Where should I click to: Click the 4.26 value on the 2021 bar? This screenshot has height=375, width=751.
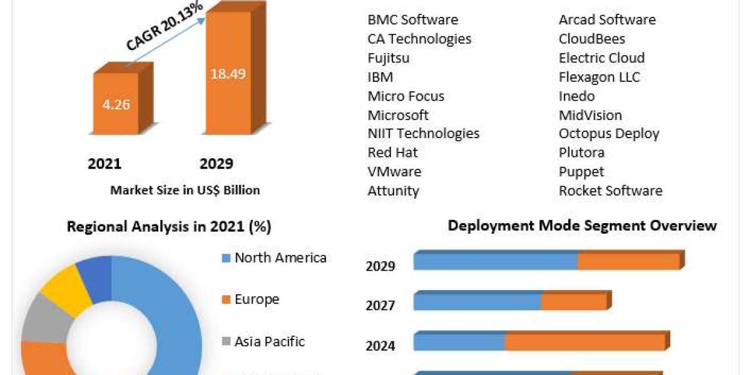point(116,105)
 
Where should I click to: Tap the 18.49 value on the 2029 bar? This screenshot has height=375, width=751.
point(228,74)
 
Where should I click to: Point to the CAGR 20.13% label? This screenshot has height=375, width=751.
point(164,26)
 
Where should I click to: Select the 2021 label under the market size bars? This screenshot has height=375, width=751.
point(105,164)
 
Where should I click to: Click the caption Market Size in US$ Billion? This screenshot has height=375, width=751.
point(185,190)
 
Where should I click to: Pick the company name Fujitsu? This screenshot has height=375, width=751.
point(389,58)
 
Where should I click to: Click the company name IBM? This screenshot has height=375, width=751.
point(381,77)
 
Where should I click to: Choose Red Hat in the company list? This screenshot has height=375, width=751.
point(392,152)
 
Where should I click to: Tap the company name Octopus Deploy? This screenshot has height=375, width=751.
point(609,134)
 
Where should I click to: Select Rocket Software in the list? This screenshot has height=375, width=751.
point(611,191)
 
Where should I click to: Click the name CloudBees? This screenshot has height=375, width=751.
point(592,39)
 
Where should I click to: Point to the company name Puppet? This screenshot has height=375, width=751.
point(581,172)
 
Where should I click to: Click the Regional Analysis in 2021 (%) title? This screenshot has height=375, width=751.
point(169,226)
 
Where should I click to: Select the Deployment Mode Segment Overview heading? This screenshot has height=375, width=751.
point(582,226)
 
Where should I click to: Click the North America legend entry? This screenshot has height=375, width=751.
point(274,257)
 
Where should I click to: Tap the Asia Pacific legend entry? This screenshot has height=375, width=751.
point(263,342)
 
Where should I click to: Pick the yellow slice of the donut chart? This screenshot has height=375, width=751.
point(67,289)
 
